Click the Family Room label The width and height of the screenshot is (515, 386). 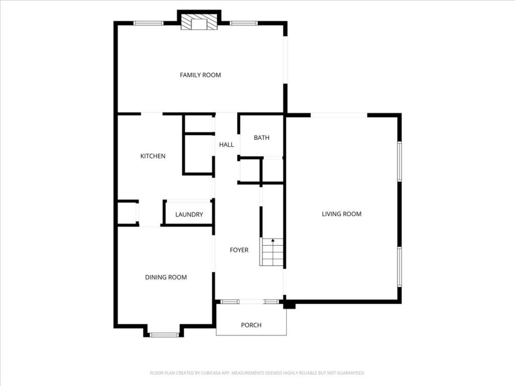[200, 75]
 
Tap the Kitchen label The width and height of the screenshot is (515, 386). [152, 156]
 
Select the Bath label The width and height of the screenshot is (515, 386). [262, 138]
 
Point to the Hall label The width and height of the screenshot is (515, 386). [226, 145]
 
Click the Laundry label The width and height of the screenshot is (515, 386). [189, 215]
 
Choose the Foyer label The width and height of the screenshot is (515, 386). [239, 250]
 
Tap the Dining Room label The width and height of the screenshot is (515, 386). [166, 277]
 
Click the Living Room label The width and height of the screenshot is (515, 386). [341, 214]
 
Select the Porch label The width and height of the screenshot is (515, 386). [251, 325]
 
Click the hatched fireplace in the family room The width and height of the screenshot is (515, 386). [199, 22]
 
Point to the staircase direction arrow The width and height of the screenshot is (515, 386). [273, 241]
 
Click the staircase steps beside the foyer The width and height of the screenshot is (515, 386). [272, 252]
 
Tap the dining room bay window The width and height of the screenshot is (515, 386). [164, 334]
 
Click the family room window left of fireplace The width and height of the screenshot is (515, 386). [148, 23]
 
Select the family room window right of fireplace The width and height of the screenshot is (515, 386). [244, 23]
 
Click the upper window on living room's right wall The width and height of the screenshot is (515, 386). [399, 161]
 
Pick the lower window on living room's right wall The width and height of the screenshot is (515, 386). [399, 267]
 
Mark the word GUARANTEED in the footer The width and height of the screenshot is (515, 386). [348, 373]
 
